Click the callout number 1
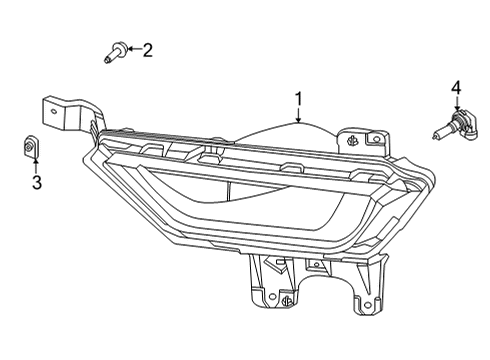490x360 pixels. click(297, 100)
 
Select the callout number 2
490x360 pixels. click(147, 50)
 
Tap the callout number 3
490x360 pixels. click(37, 182)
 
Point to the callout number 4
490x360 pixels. click(456, 89)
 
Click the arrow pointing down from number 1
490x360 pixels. click(297, 116)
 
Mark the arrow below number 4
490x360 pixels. click(456, 107)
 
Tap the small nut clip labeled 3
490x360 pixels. click(31, 148)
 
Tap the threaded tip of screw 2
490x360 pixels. click(106, 61)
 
